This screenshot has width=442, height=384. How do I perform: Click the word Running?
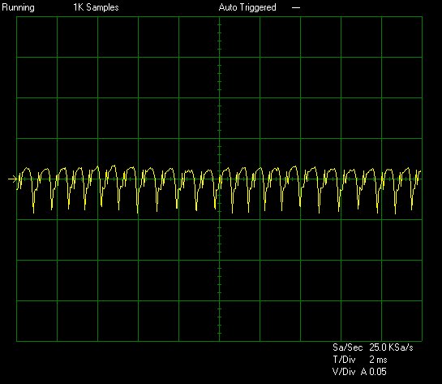point(18,7)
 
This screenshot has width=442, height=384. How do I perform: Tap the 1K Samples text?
point(96,7)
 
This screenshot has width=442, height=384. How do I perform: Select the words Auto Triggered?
point(247,7)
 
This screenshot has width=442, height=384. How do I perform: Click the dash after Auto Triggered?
point(296,8)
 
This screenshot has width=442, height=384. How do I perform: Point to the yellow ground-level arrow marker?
point(12,179)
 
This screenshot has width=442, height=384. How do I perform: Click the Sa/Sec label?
point(347,347)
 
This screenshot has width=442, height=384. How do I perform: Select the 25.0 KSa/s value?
point(391,347)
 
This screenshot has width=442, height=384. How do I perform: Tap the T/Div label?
point(344,360)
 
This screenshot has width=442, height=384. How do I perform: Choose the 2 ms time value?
point(378,360)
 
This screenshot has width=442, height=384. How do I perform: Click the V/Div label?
point(344,372)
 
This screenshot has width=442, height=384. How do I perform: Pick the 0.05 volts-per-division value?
point(378,372)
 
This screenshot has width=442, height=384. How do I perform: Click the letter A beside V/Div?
point(364,372)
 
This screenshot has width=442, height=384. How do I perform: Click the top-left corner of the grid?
point(17,17)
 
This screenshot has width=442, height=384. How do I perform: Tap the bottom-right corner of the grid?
point(422,341)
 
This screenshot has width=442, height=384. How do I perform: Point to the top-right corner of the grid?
point(422,17)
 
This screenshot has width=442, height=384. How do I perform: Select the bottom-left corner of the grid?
point(17,341)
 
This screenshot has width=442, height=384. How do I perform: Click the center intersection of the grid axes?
point(219,179)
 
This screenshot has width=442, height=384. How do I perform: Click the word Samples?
point(103,7)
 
